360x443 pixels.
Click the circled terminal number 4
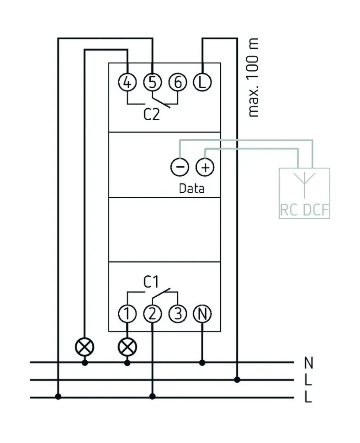coord(127,83)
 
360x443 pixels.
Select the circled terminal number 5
coord(153,83)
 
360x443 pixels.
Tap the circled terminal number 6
coord(178,83)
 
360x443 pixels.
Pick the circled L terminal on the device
coord(202,83)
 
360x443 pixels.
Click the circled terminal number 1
coord(127,314)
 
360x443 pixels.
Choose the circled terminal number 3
coord(177,314)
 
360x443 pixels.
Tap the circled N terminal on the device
coord(202,314)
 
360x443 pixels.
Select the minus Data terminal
coord(180,167)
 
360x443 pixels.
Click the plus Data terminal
coord(205,167)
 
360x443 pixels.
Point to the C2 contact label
coord(152,114)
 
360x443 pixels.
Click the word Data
coord(192,188)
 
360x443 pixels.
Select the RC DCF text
coord(305,211)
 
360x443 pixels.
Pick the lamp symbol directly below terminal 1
coord(127,347)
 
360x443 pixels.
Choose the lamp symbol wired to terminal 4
coord(85,347)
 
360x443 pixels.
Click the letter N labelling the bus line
coord(309,364)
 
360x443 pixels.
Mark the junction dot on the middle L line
coord(237,380)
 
